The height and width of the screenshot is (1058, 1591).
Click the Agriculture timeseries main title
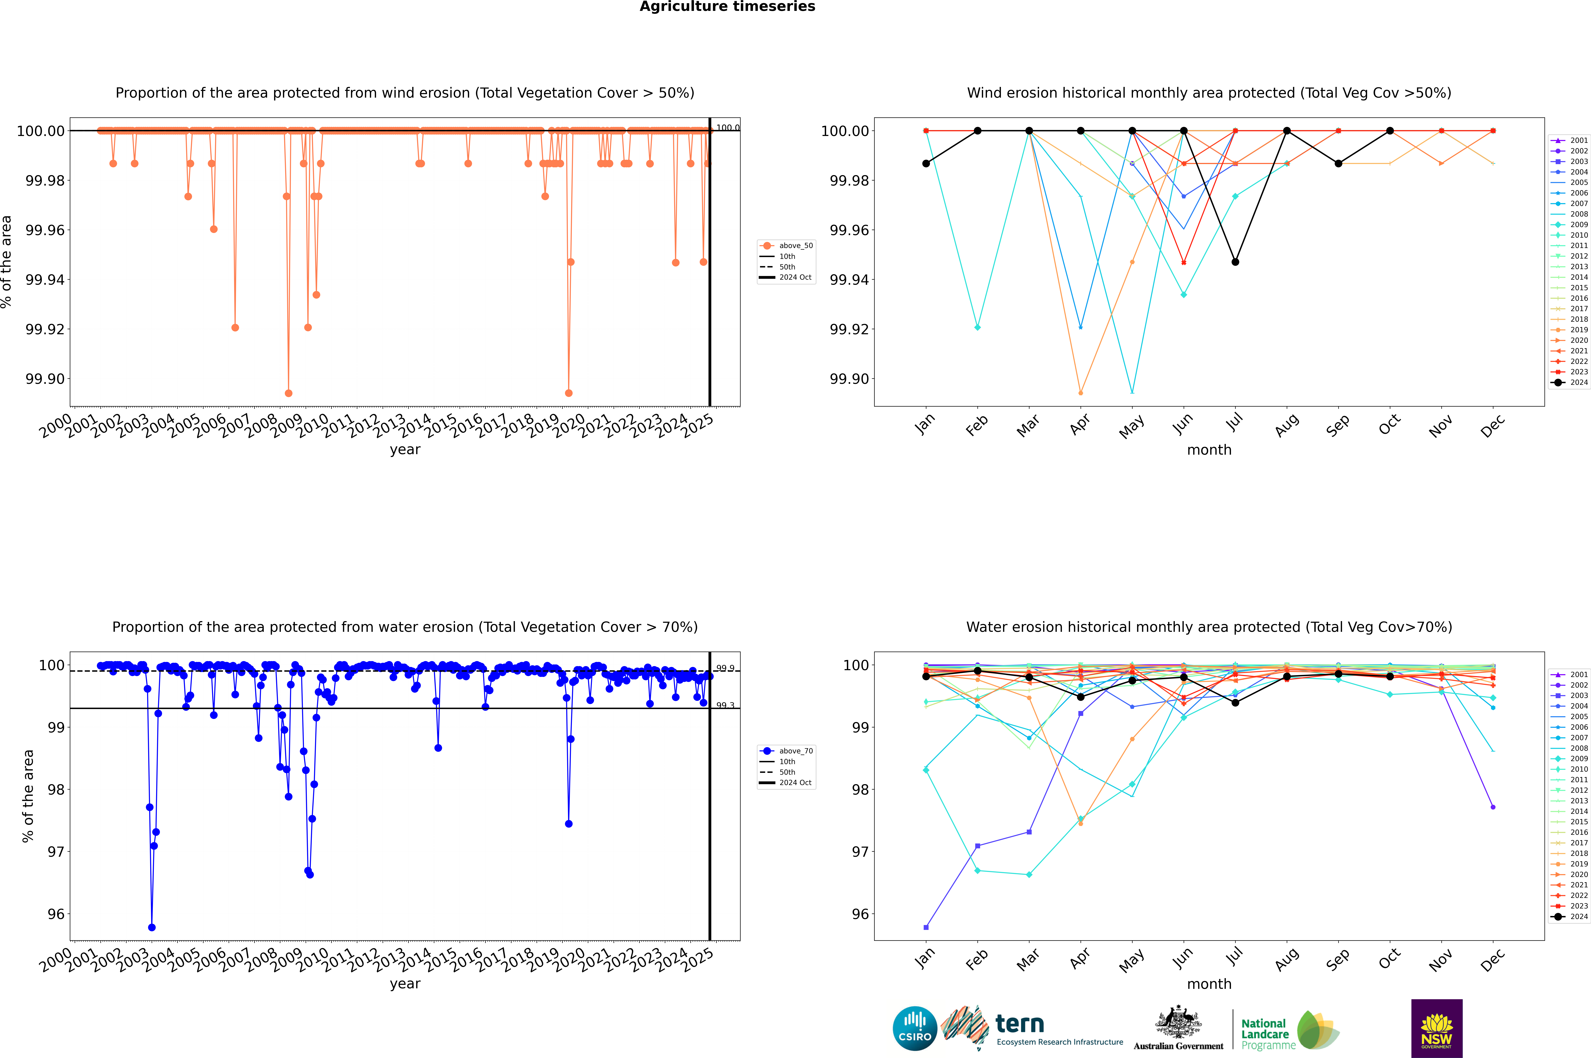pyautogui.click(x=727, y=7)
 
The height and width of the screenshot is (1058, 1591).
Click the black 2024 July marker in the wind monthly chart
pyautogui.click(x=1235, y=262)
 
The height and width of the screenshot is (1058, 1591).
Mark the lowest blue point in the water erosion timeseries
pyautogui.click(x=152, y=928)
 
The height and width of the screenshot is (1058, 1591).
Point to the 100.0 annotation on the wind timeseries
pyautogui.click(x=727, y=128)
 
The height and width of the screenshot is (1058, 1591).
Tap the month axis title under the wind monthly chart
pyautogui.click(x=1209, y=450)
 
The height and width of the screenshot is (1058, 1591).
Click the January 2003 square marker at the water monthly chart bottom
pyautogui.click(x=926, y=928)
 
